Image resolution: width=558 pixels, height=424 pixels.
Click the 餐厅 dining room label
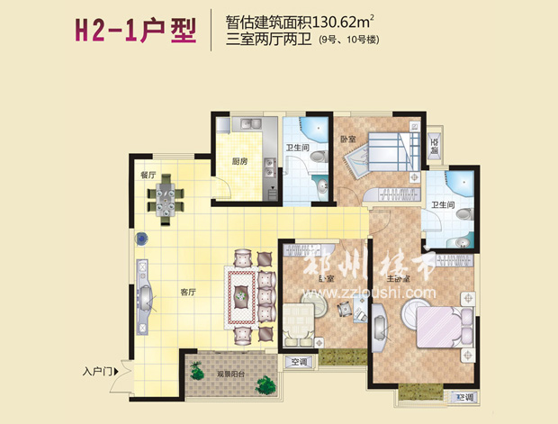(148, 174)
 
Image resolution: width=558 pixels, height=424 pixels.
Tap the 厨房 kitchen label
(238, 163)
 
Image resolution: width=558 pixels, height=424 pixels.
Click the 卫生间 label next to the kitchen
(299, 149)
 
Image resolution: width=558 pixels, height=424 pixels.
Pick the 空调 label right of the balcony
(298, 363)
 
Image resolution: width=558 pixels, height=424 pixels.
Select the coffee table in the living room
(244, 294)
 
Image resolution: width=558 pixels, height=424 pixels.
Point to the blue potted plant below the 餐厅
(142, 239)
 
